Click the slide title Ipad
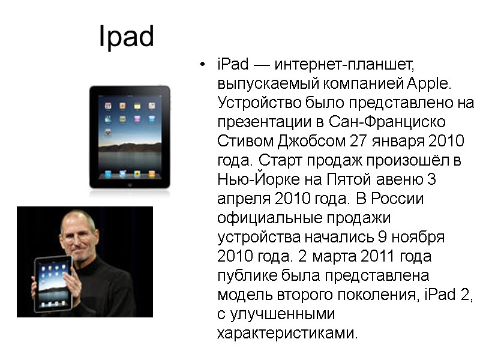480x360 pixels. click(x=126, y=37)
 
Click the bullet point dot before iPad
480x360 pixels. click(x=204, y=64)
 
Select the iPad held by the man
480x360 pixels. click(x=53, y=282)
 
